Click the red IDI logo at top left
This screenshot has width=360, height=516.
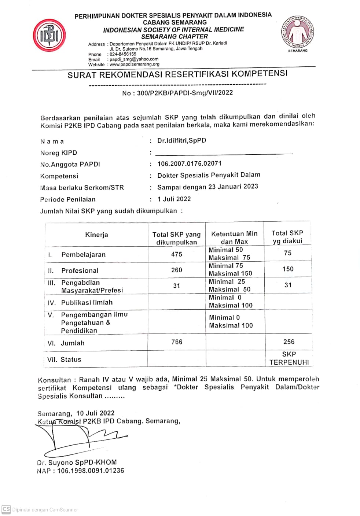coord(49,35)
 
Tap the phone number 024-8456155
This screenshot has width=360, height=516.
coord(123,54)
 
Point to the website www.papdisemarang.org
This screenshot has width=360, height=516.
coord(135,64)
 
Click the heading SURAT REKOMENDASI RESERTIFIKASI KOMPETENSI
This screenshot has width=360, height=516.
coord(177,74)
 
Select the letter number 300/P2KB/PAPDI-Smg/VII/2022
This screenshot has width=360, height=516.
coord(185,93)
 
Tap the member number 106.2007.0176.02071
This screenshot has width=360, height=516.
coord(189,164)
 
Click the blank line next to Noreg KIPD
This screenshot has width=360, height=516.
coord(224,153)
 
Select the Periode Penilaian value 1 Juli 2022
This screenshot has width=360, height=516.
coord(174,199)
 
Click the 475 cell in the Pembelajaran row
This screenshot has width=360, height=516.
coord(176,254)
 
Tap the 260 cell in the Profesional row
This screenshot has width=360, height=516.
coord(176,270)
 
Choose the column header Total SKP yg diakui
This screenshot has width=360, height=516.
coord(287,237)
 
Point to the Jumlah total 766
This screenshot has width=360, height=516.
coord(176,342)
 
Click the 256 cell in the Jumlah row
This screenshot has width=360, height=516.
coord(289,342)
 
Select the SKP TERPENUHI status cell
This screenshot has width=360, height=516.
coord(289,358)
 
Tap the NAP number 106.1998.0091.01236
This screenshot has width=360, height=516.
coord(91,471)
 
